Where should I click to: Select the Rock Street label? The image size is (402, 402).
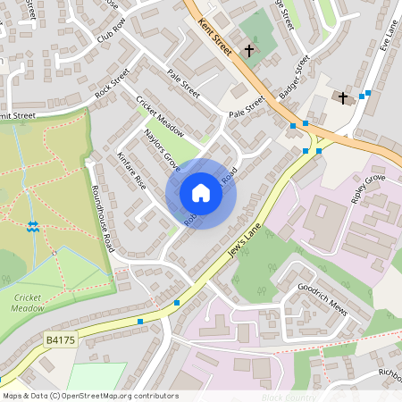[112, 82]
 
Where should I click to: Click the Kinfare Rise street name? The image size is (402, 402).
[130, 168]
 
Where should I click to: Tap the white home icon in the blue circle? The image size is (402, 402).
[201, 193]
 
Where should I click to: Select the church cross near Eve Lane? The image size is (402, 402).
[342, 96]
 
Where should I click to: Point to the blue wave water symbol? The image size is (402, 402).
[33, 228]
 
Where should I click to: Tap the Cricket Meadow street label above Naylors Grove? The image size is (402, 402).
[160, 115]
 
